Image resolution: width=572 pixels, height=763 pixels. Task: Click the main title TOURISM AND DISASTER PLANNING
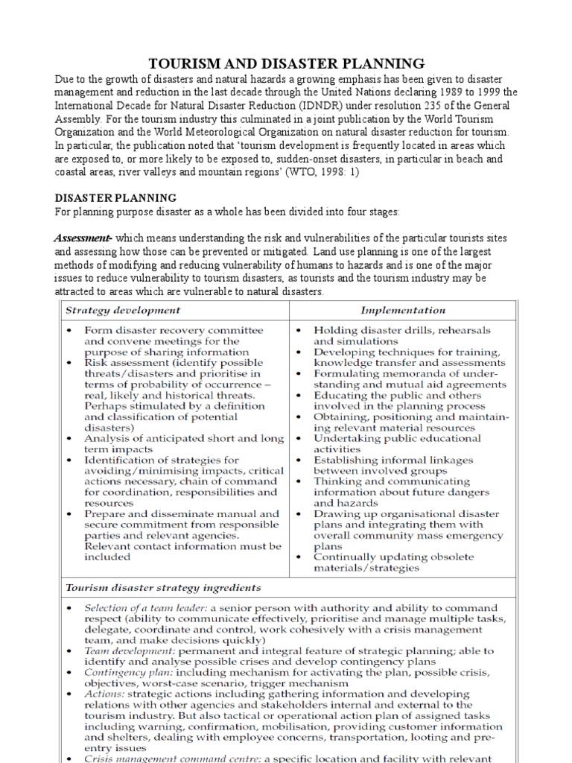(x=287, y=63)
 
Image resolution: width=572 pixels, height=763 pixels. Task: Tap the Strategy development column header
(x=123, y=309)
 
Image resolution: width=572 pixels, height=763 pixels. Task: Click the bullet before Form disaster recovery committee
(x=69, y=330)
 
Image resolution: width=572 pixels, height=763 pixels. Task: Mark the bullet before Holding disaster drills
(x=298, y=330)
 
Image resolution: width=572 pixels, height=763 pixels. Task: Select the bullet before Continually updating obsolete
(x=298, y=557)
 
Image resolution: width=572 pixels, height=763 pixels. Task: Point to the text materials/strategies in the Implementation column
(x=366, y=568)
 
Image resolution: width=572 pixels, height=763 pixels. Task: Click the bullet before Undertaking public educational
(x=298, y=438)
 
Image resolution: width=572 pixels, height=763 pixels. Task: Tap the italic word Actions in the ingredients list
(x=104, y=694)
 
